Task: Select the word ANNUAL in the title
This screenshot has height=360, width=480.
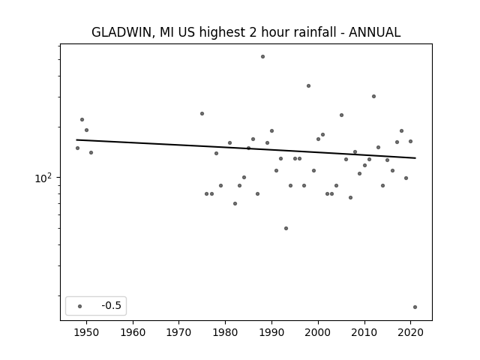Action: pos(374,32)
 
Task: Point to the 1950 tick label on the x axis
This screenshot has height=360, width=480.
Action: pos(86,332)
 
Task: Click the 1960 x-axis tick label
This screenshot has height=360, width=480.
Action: pos(133,332)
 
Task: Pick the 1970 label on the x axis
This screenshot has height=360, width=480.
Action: pos(178,332)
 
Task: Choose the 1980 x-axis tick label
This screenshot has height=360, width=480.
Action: pos(225,332)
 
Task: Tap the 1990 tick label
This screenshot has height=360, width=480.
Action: pos(271,332)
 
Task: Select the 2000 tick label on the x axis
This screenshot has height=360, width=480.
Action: pos(318,332)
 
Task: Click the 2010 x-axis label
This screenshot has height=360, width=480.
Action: pos(364,332)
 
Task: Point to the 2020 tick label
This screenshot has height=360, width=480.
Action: pos(411,332)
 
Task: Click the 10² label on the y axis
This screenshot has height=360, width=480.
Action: pos(43,178)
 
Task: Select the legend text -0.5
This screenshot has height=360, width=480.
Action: pos(112,305)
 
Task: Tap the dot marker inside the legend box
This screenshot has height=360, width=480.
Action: pos(80,306)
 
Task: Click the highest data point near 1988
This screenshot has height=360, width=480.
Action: pos(262,57)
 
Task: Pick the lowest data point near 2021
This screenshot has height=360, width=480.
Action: pos(415,307)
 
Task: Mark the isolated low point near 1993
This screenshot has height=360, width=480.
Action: pos(286,228)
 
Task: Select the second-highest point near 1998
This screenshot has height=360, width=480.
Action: pos(308,86)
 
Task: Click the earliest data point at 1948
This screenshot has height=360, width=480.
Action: pos(77,148)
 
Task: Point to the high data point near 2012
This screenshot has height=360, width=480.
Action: pos(373,97)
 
